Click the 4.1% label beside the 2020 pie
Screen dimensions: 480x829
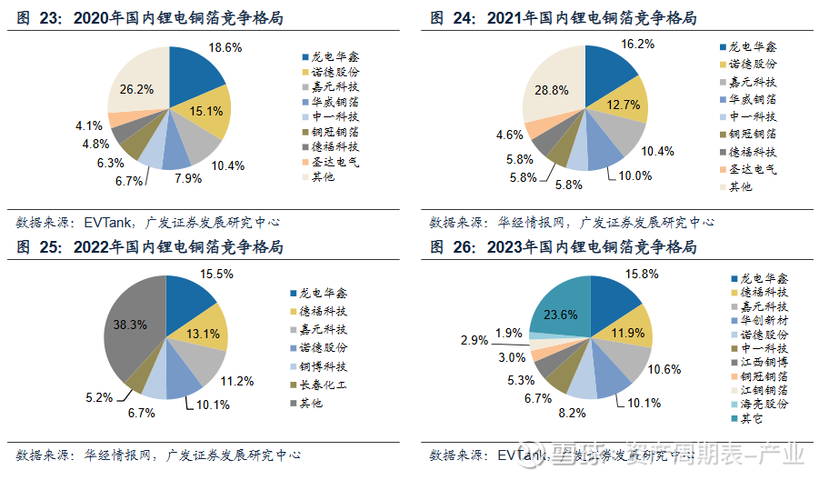pos(89,125)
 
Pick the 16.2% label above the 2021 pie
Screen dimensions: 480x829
pos(639,44)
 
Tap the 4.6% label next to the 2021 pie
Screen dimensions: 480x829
pos(509,135)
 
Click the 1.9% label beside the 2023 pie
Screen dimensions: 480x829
pos(509,333)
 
